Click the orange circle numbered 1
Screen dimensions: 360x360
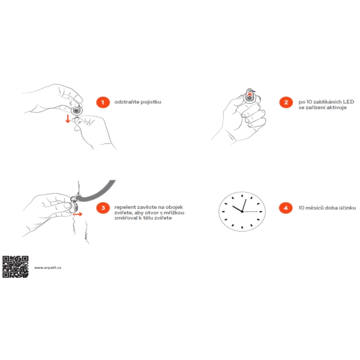pyautogui.click(x=103, y=102)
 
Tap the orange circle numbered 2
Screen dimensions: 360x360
pyautogui.click(x=286, y=102)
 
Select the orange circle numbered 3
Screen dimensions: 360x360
pyautogui.click(x=103, y=208)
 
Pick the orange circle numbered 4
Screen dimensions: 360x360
pyautogui.click(x=286, y=208)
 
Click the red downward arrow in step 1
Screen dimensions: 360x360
pyautogui.click(x=68, y=118)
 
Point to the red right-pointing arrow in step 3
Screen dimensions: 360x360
pyautogui.click(x=77, y=214)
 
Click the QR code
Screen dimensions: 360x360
pyautogui.click(x=16, y=267)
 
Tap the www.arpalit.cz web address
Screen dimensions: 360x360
pyautogui.click(x=48, y=268)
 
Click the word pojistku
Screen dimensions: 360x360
pyautogui.click(x=151, y=102)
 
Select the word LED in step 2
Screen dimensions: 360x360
pyautogui.click(x=349, y=102)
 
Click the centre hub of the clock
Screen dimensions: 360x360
pyautogui.click(x=242, y=211)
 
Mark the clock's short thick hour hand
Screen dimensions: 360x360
pyautogui.click(x=237, y=209)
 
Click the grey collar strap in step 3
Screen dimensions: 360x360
pyautogui.click(x=99, y=193)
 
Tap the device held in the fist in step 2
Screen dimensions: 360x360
pyautogui.click(x=250, y=97)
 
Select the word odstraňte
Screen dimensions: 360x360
pyautogui.click(x=127, y=102)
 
